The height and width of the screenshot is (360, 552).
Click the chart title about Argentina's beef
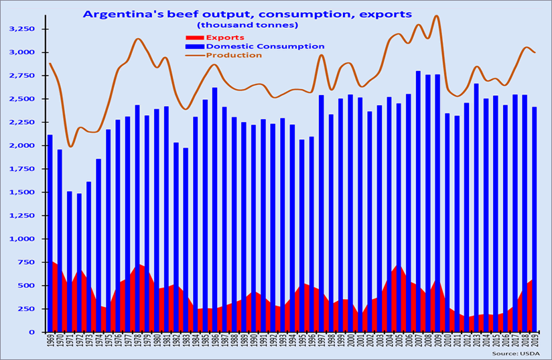pos(247,13)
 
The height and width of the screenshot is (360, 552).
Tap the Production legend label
pos(234,55)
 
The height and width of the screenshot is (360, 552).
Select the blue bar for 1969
pos(50,201)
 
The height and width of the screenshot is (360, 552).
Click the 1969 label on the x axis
pos(50,342)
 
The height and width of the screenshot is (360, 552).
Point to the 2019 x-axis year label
pos(535,342)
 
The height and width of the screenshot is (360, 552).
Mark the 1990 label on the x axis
pos(253,342)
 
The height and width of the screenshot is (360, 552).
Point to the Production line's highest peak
pos(437,15)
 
